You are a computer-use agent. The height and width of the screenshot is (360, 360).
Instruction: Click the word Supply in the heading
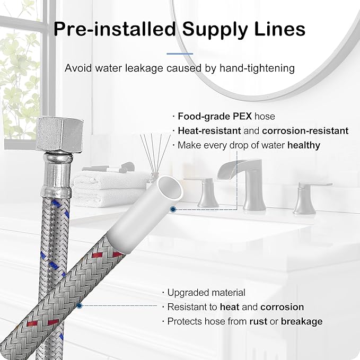(215, 30)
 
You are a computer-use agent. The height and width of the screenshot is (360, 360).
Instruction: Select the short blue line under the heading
(180, 54)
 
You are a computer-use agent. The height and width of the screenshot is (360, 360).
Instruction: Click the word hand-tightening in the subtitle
(257, 68)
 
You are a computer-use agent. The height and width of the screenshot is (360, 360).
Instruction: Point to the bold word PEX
(242, 116)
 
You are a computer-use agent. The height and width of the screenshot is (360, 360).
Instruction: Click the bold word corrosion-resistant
(305, 130)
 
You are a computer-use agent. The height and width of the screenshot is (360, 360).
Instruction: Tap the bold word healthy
(304, 145)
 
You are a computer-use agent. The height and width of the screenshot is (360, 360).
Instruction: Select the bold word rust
(258, 321)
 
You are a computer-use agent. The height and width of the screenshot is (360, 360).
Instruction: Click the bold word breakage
(302, 322)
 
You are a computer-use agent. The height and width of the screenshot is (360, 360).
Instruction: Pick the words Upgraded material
(206, 293)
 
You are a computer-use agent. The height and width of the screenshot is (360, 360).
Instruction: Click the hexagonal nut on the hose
(59, 134)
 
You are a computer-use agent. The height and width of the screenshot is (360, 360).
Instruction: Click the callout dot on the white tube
(173, 209)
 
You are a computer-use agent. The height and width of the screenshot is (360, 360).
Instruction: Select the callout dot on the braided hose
(80, 305)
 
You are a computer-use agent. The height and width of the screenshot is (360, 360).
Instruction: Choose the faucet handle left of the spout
(207, 193)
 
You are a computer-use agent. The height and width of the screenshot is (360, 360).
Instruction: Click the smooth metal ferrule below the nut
(57, 175)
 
